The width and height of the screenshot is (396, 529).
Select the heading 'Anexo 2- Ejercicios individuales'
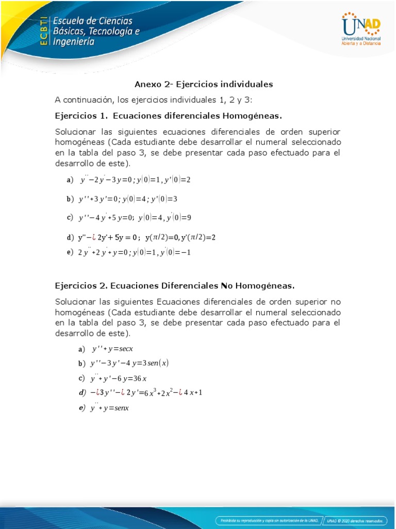click(x=204, y=84)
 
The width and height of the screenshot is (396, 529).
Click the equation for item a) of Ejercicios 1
click(x=136, y=180)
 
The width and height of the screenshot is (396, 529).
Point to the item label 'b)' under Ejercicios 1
click(x=71, y=199)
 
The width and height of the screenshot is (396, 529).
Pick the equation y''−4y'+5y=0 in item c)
click(x=106, y=217)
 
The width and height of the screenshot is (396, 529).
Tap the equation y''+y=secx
click(x=112, y=348)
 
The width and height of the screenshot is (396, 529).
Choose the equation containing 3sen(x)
click(x=129, y=363)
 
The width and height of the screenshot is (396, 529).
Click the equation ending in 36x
click(x=119, y=378)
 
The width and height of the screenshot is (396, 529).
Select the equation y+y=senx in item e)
click(x=109, y=408)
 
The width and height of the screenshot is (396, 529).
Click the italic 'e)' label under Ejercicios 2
click(x=81, y=408)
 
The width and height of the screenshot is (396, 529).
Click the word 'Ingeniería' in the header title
click(x=72, y=42)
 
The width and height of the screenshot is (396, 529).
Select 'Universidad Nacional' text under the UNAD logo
click(x=360, y=39)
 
